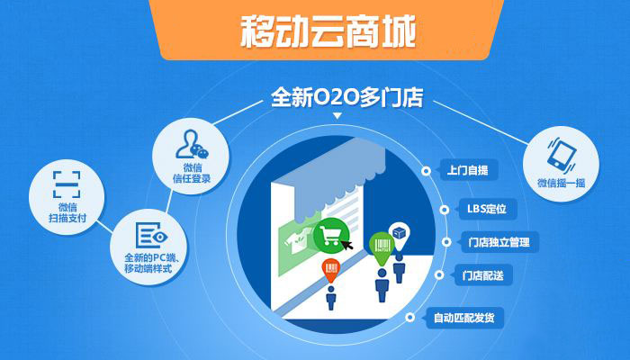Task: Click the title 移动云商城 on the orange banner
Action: coord(328,32)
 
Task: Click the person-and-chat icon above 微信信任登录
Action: coord(193,144)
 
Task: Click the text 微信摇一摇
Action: coord(562,184)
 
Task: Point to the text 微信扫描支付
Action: coord(65,212)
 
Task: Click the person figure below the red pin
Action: coord(331,297)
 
